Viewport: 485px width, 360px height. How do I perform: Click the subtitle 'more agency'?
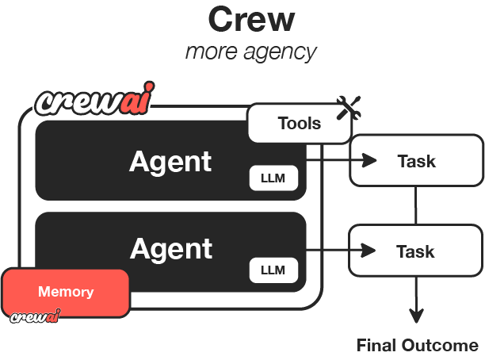pyautogui.click(x=250, y=52)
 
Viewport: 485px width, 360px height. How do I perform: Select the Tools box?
pyautogui.click(x=300, y=123)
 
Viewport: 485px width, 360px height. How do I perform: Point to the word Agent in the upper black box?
pyautogui.click(x=170, y=161)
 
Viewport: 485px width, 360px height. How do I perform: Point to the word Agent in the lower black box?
pyautogui.click(x=171, y=249)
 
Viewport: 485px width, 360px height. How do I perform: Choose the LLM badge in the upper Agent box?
pyautogui.click(x=273, y=178)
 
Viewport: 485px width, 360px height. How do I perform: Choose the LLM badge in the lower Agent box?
pyautogui.click(x=273, y=270)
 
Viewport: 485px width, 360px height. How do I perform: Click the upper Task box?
pyautogui.click(x=416, y=161)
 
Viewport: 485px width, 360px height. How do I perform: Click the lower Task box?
pyautogui.click(x=416, y=251)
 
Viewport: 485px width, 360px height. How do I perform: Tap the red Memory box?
pyautogui.click(x=66, y=292)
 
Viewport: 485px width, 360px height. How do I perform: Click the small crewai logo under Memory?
pyautogui.click(x=36, y=318)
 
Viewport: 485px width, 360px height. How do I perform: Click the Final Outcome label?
pyautogui.click(x=418, y=346)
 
